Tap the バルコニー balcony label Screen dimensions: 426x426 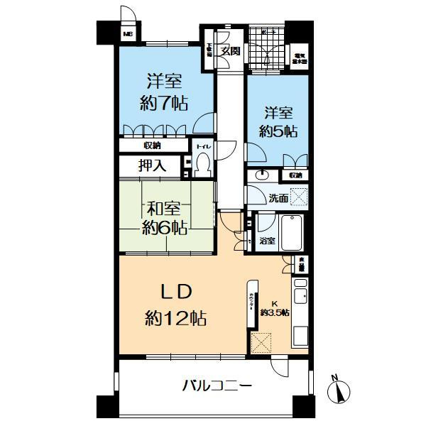(217, 387)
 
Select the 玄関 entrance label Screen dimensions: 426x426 (229, 50)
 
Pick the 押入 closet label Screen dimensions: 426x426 (152, 166)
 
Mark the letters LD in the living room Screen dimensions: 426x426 (170, 290)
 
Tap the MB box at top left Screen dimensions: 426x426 (129, 34)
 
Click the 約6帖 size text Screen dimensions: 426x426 (164, 228)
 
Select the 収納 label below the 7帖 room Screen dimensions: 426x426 (152, 146)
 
